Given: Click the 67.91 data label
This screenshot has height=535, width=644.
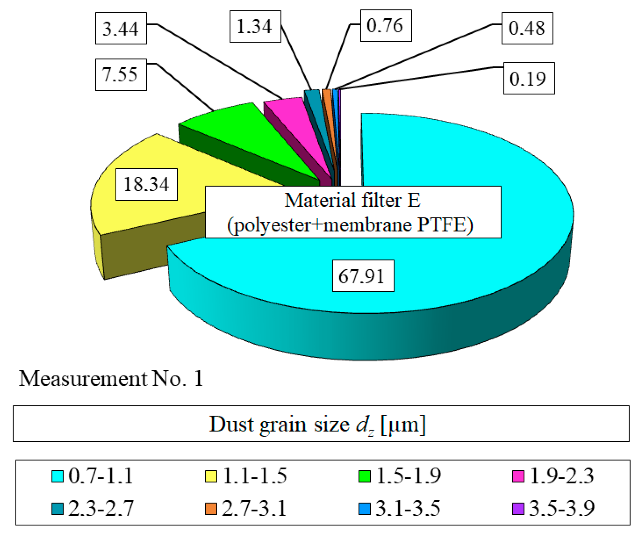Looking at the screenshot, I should [x=363, y=276].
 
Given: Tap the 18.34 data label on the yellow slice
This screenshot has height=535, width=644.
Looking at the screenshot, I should [x=146, y=184].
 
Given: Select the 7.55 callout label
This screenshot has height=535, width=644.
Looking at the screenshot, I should [x=121, y=75].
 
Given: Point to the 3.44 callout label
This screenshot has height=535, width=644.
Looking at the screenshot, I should [x=121, y=28].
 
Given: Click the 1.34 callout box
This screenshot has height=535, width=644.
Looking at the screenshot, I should [x=255, y=26].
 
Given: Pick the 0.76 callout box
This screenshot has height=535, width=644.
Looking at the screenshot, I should [x=386, y=25].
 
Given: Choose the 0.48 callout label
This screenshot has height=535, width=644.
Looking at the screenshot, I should [x=527, y=28].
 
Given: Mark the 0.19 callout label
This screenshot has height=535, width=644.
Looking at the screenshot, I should [x=529, y=78].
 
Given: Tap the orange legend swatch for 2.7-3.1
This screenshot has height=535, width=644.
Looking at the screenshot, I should [x=211, y=509].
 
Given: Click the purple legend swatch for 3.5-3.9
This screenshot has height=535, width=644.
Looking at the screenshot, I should [x=518, y=509].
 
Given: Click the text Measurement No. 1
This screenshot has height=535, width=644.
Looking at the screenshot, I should [x=111, y=378].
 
